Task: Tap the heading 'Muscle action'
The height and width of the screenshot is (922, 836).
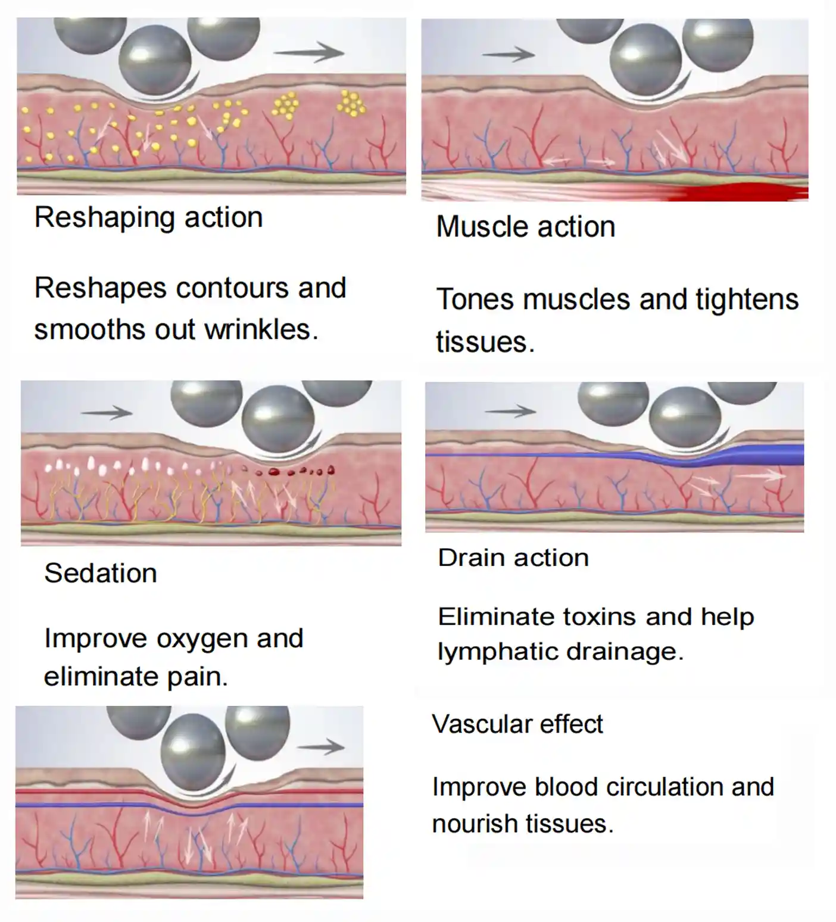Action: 526,227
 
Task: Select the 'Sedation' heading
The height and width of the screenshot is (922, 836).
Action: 101,573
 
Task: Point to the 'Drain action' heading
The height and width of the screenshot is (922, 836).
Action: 513,558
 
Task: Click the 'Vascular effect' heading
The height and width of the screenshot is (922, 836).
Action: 517,724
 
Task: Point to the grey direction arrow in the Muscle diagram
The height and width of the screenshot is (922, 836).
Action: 509,54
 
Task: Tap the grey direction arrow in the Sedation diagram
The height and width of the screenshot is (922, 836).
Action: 107,412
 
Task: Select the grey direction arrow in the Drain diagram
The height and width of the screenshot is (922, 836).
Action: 511,410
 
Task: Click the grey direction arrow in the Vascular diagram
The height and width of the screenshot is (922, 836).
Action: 321,747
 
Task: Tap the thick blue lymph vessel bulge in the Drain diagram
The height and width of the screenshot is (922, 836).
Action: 756,455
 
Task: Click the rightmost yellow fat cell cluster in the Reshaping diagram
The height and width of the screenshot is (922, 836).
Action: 351,103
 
